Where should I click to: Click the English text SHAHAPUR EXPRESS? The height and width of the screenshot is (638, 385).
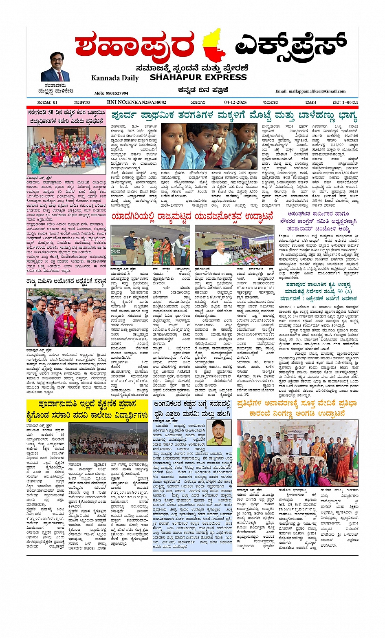point(198,77)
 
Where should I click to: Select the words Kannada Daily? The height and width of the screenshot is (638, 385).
point(115,78)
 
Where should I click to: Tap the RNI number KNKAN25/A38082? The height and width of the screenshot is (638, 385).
point(136,102)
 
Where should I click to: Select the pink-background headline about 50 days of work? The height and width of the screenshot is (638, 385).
point(66,117)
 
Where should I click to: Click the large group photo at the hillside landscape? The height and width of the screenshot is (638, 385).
point(108,442)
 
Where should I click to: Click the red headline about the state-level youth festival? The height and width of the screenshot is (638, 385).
point(192,218)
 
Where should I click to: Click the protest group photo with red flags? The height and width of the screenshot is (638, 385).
point(66,150)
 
